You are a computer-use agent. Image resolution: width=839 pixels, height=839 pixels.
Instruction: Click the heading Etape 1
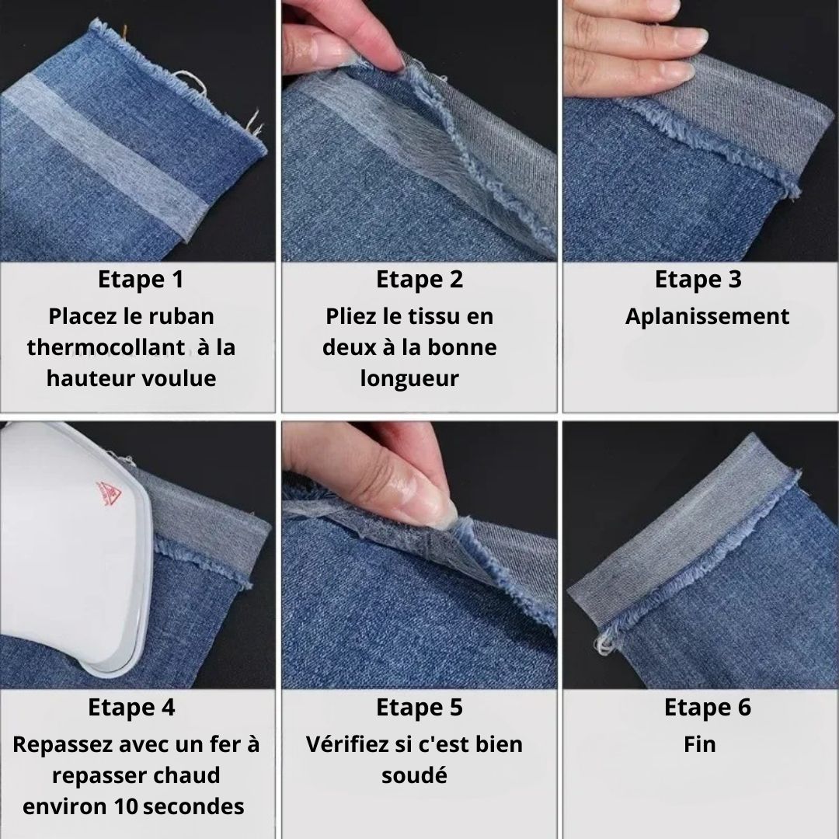141,280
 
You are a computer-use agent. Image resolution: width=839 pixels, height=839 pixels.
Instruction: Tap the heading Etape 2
419,280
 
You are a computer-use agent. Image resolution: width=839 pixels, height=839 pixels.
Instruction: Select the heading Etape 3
698,280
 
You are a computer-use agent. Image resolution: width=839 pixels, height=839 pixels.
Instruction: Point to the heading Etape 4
131,707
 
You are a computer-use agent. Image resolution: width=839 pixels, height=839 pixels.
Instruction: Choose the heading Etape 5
419,707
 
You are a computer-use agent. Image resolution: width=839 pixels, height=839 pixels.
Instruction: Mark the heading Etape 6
708,707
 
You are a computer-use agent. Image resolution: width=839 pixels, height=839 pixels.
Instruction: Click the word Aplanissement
708,317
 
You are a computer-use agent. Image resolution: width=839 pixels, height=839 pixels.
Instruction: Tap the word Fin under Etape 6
699,744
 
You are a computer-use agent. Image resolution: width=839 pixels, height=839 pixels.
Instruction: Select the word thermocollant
106,347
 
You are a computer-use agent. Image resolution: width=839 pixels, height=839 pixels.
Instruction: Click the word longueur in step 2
409,379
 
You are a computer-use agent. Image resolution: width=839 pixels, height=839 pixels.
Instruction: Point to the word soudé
414,775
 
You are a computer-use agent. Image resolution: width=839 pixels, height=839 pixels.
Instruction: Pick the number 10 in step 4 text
127,806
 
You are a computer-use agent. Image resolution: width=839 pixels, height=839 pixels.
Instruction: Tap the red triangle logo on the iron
108,493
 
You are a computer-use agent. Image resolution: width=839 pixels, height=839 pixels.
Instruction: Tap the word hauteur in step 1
83,378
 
